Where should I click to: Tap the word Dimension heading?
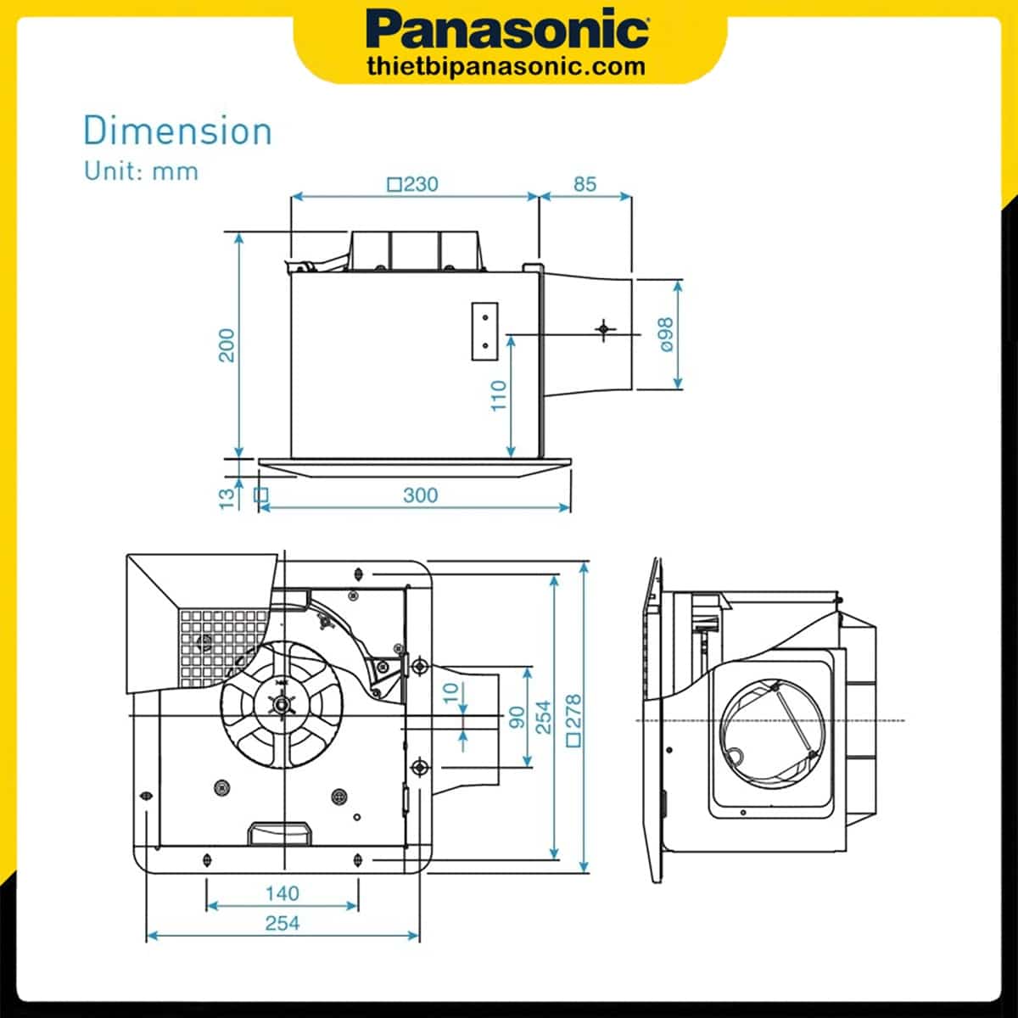tap(177, 131)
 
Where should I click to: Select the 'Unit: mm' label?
tap(141, 171)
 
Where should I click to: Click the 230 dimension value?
tap(421, 184)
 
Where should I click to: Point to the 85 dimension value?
tap(585, 184)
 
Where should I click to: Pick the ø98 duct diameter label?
tap(664, 334)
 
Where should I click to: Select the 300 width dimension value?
tap(421, 495)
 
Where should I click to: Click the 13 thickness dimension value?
tap(227, 498)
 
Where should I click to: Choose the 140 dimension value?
tap(282, 893)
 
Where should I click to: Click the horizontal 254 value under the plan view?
tap(282, 923)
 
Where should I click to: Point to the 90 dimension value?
tap(517, 718)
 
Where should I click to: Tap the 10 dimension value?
tap(451, 692)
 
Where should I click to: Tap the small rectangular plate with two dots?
tap(484, 331)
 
